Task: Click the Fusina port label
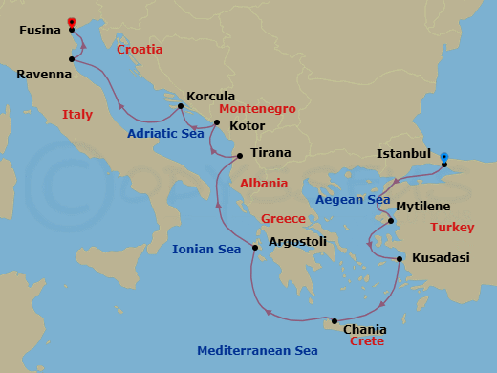coord(39,30)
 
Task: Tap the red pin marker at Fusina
coord(72,23)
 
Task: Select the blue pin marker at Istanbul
coord(444,156)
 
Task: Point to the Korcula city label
coord(211,96)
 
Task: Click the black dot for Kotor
coord(217,122)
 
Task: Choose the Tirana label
coord(270,152)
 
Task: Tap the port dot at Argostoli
coord(255,249)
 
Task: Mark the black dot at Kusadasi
coord(399,258)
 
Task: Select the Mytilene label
coord(421,206)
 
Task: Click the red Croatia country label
coord(140,49)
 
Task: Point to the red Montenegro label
coord(257,109)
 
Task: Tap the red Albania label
coord(263,183)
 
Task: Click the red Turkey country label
coord(452,227)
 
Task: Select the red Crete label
coord(367,340)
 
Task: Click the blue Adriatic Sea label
coord(165,134)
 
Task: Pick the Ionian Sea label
coord(206,250)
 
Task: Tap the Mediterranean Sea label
coord(257,351)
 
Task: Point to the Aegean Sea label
coord(354,200)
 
